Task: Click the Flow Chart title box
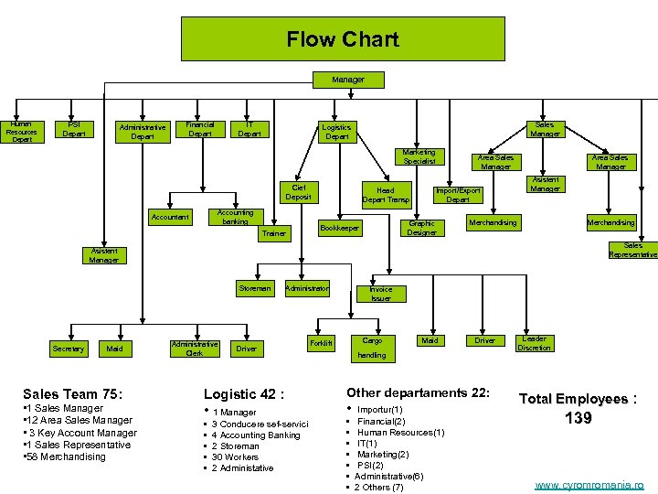point(343,38)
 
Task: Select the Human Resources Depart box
point(21,132)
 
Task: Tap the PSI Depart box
point(74,129)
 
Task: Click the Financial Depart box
point(199,129)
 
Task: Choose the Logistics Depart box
point(337,133)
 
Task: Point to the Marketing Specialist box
point(419,157)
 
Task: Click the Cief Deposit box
point(298,192)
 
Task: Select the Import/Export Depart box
point(458,195)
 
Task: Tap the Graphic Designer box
point(421,228)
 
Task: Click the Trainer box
point(273,233)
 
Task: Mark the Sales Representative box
point(632,250)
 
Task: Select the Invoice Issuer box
point(381,294)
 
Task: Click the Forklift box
point(322,343)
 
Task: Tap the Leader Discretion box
point(534,343)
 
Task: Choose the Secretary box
point(69,349)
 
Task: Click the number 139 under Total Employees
point(578,418)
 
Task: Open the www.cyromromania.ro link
point(589,485)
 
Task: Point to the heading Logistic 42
point(244,394)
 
